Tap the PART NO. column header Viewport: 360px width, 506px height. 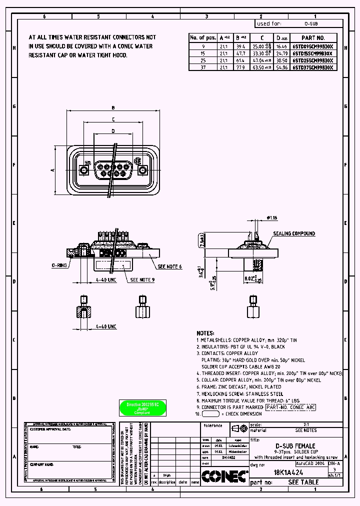(x=313, y=37)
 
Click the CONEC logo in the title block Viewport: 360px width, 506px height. (x=224, y=476)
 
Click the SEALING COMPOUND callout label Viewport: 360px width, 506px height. (x=294, y=233)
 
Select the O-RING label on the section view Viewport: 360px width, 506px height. (x=59, y=266)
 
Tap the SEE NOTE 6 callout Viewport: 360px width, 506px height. (x=169, y=267)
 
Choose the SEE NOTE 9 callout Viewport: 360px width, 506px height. (x=142, y=280)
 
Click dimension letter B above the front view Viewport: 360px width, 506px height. (x=113, y=107)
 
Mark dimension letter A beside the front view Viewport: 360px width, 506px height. (x=52, y=170)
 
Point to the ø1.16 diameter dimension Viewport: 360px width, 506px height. (x=271, y=218)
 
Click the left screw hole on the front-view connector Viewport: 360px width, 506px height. (x=84, y=170)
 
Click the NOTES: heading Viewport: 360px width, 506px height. (x=205, y=333)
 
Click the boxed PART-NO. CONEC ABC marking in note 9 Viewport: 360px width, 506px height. (x=290, y=407)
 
